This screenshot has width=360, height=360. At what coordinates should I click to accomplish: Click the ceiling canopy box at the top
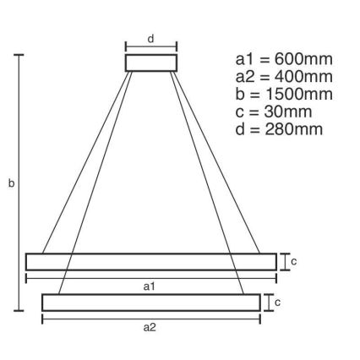[x=151, y=63]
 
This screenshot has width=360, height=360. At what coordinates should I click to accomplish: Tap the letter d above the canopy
[x=151, y=38]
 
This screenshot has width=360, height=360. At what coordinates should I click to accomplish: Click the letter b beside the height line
[x=11, y=183]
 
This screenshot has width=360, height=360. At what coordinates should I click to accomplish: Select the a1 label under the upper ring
[x=150, y=286]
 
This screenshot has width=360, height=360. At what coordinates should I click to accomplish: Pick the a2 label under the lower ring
[x=150, y=327]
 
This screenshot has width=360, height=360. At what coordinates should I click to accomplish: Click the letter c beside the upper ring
[x=293, y=262]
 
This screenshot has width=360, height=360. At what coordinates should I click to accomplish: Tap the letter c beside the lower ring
[x=277, y=302]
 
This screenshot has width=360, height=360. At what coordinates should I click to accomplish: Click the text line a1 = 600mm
[x=283, y=59]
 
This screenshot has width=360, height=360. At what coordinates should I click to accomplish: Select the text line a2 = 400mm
[x=283, y=77]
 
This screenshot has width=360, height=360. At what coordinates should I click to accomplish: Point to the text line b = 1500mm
[x=283, y=94]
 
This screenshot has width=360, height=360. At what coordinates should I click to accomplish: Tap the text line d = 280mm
[x=279, y=129]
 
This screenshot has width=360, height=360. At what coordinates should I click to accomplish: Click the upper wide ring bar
[x=150, y=262]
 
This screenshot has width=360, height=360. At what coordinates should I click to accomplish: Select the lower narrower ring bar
[x=150, y=302]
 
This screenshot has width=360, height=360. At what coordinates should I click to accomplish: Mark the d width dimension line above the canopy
[x=151, y=48]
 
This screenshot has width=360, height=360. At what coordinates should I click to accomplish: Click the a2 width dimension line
[x=150, y=319]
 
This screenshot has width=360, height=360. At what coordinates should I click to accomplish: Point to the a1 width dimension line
[x=150, y=277]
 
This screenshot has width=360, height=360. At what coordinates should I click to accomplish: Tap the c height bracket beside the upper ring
[x=283, y=262]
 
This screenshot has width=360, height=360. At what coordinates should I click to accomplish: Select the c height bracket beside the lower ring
[x=266, y=302]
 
